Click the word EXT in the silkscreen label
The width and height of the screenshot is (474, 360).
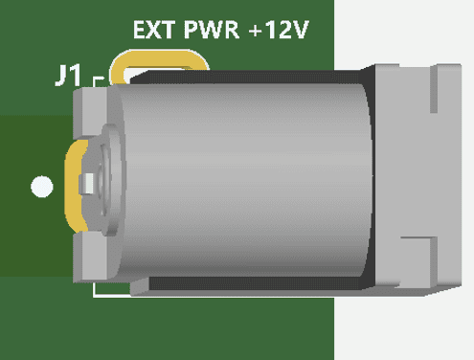pyautogui.click(x=154, y=30)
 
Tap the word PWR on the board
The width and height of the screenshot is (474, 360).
pyautogui.click(x=212, y=30)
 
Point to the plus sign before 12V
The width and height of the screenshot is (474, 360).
pyautogui.click(x=256, y=31)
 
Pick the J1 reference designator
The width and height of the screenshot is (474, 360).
pyautogui.click(x=68, y=76)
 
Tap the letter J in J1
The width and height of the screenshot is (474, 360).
pyautogui.click(x=62, y=76)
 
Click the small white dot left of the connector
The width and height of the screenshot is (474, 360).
pyautogui.click(x=42, y=187)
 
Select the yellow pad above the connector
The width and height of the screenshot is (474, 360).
pyautogui.click(x=159, y=59)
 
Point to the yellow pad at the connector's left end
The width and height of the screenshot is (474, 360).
pyautogui.click(x=74, y=187)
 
